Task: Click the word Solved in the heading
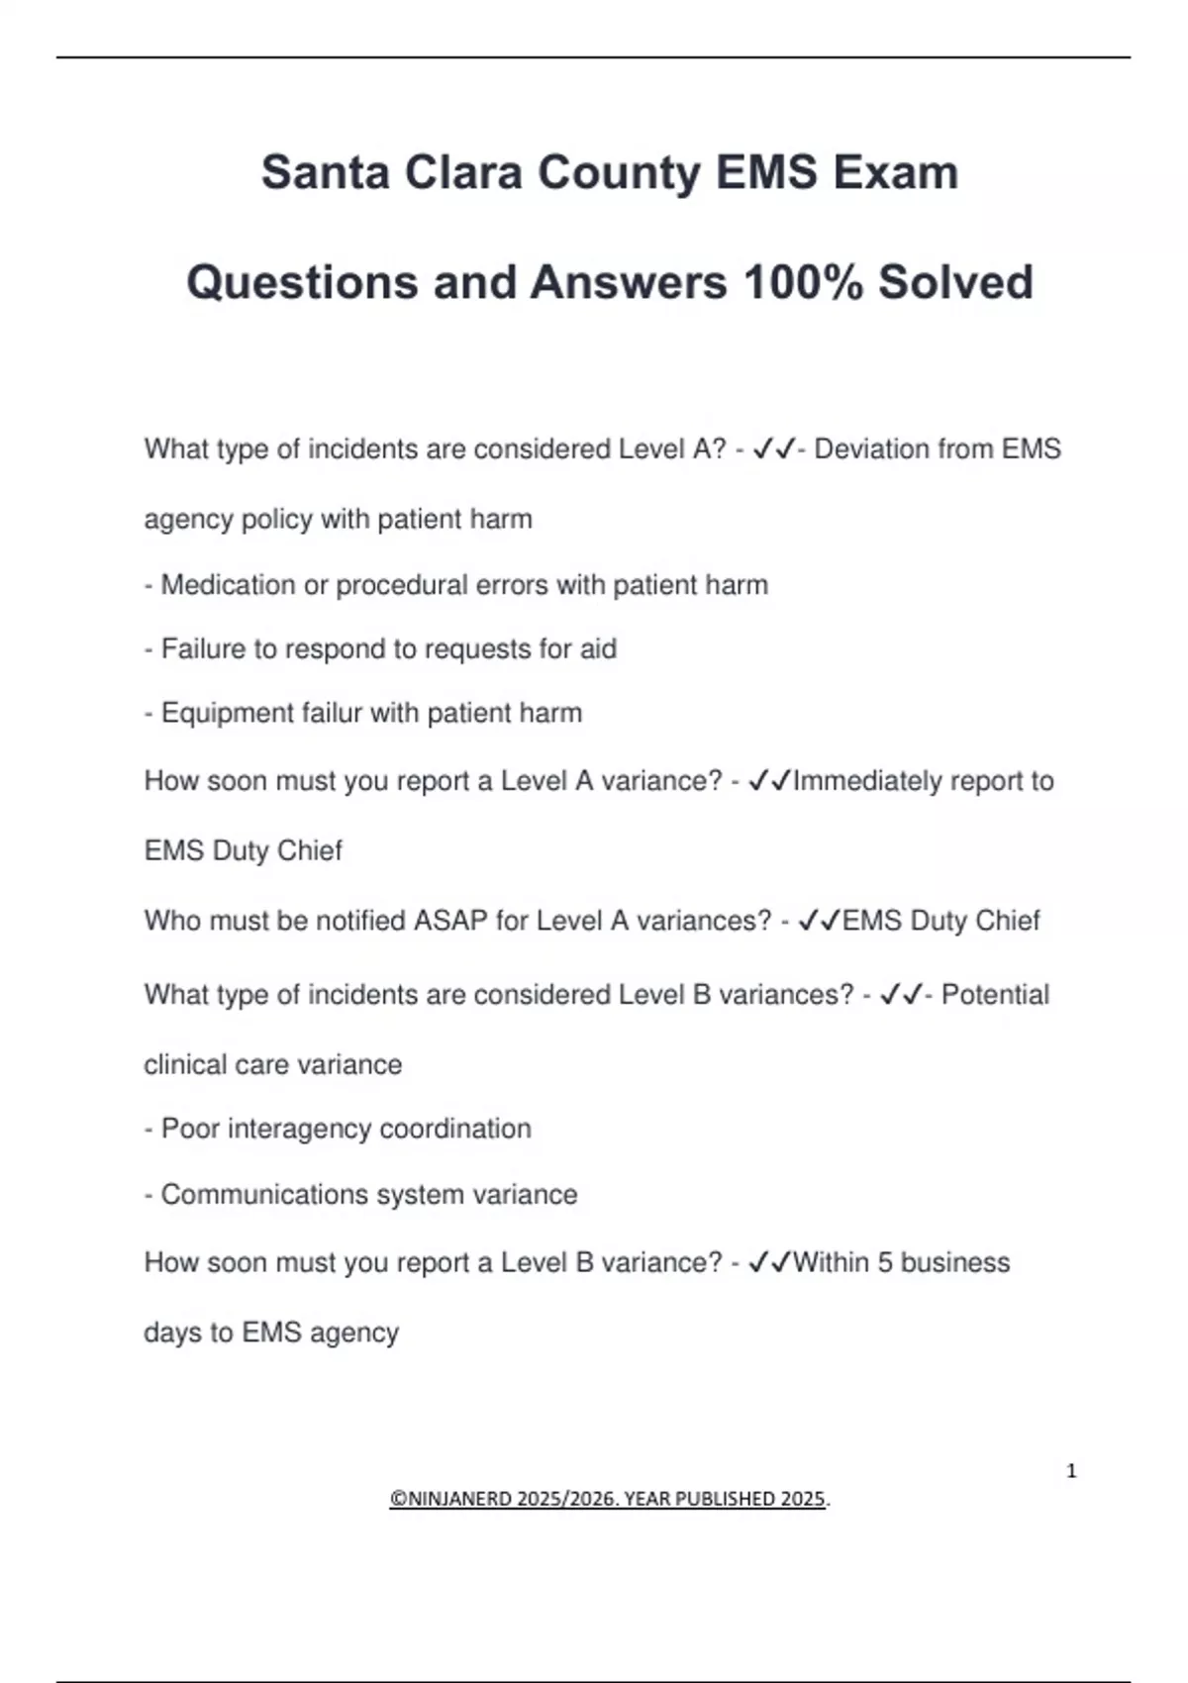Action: pos(955,282)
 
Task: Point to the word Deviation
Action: pos(872,449)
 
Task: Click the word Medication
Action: pos(228,585)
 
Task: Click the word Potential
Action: pos(995,995)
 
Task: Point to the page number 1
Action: pos(1071,1471)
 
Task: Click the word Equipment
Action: pos(223,713)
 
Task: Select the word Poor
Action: pos(190,1129)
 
